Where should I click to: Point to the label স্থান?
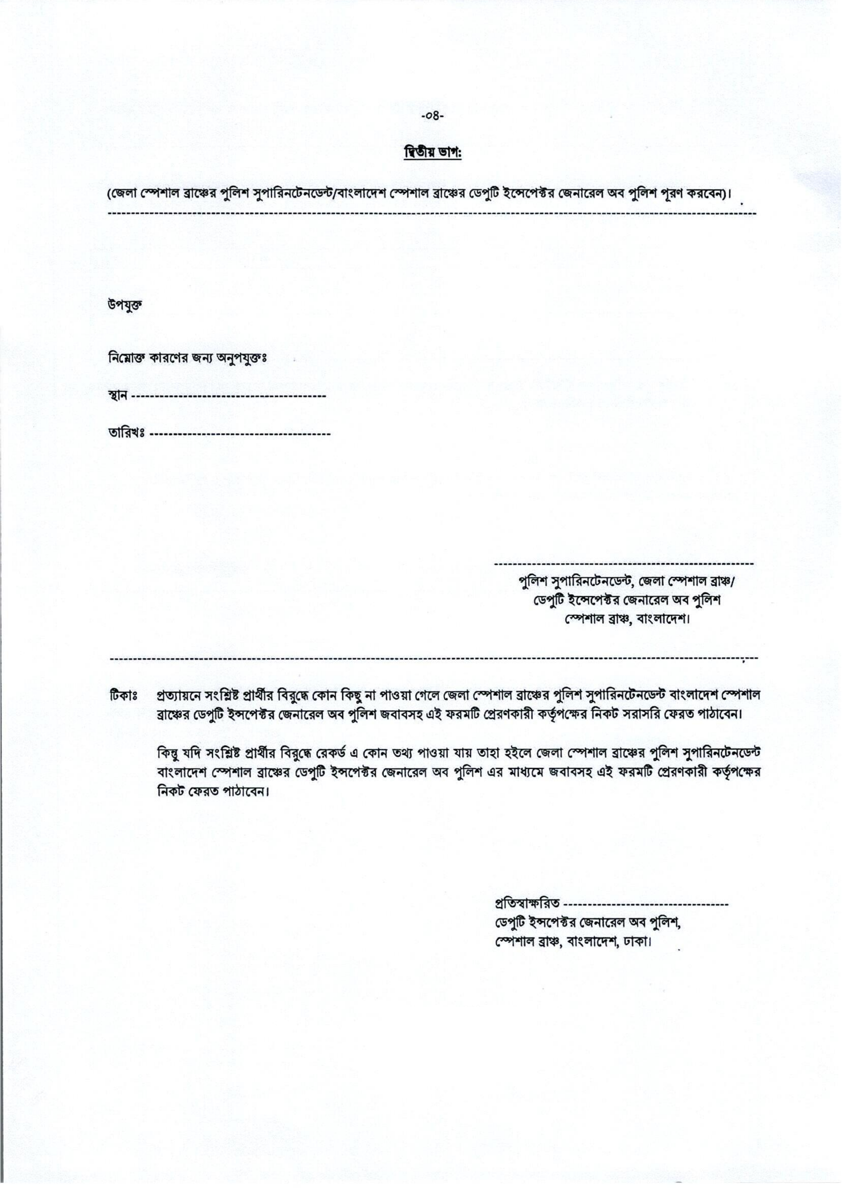coord(118,396)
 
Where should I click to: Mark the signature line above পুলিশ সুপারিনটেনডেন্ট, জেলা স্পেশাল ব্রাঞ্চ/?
coord(624,563)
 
